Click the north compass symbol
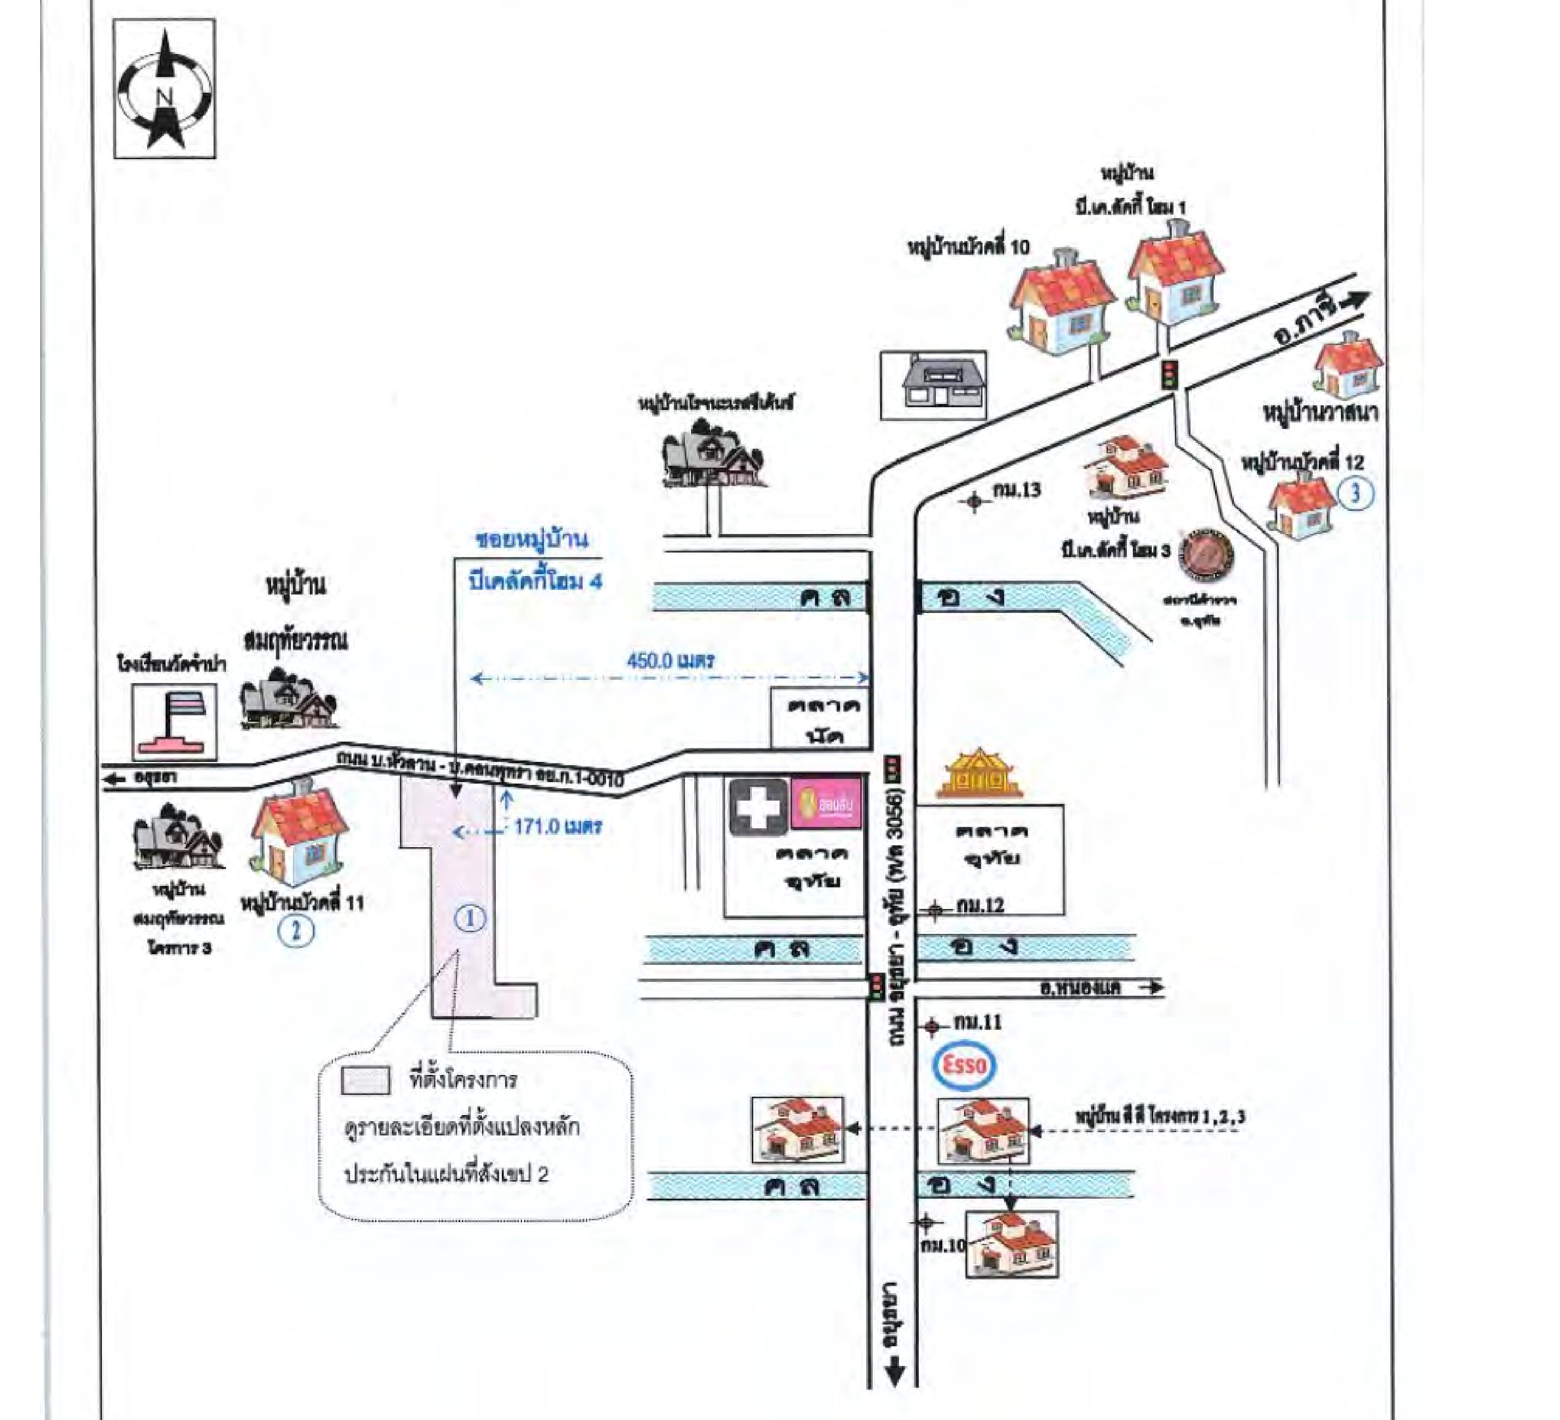(x=164, y=89)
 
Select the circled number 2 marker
(x=296, y=930)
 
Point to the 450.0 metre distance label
(x=670, y=661)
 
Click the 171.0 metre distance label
(x=557, y=826)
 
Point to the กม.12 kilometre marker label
(x=980, y=905)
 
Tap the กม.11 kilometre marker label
(x=977, y=1023)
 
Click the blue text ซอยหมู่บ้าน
(x=531, y=540)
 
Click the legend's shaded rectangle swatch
(x=365, y=1081)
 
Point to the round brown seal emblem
(x=1205, y=554)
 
